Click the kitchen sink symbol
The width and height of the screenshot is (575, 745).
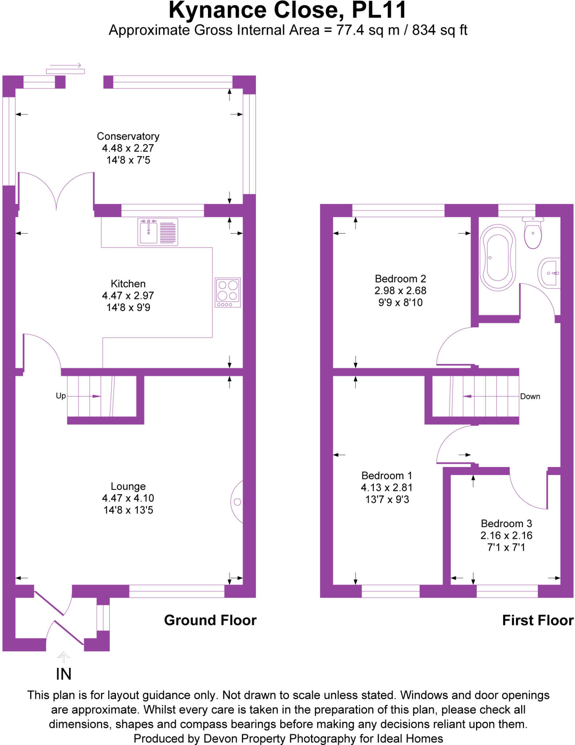coord(157,232)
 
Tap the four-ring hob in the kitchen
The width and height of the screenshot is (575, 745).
coord(228,292)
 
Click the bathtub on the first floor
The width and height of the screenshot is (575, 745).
coord(498,258)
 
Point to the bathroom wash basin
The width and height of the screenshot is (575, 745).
coord(550,273)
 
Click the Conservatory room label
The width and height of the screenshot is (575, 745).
coord(128,136)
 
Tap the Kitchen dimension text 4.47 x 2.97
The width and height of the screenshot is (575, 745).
coord(128,295)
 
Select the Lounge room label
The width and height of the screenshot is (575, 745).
coord(128,486)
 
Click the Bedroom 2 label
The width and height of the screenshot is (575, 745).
coord(400,279)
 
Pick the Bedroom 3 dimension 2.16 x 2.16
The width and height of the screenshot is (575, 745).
coord(506,535)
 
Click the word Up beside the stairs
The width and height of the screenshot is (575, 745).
coord(61,396)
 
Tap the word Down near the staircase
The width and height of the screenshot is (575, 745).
coord(530,397)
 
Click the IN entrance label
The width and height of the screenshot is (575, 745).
coord(64,674)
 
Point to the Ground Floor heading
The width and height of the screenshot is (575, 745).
coord(210,620)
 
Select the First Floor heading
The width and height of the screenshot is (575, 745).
coord(538,620)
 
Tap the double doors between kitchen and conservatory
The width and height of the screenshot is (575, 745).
coord(56,191)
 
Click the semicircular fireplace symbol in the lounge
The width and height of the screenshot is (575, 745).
coord(237,502)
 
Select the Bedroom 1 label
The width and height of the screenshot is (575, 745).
coord(387,476)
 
